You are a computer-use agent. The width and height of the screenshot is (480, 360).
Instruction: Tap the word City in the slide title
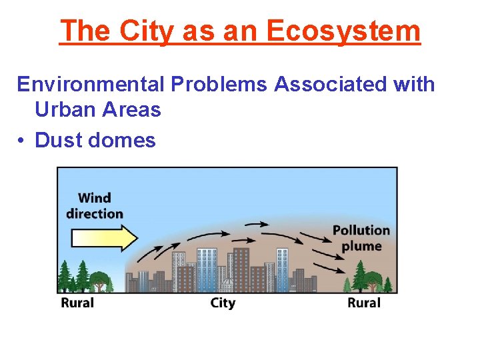[139, 31]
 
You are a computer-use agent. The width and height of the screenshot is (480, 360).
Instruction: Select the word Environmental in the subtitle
[91, 85]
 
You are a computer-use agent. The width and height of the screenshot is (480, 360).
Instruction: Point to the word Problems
[219, 85]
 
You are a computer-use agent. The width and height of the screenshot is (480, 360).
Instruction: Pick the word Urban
[64, 109]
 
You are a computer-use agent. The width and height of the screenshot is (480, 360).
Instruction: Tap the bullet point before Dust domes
[21, 141]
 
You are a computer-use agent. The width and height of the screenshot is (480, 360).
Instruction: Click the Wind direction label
[95, 205]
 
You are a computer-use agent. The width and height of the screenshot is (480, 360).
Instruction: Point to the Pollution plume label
[361, 238]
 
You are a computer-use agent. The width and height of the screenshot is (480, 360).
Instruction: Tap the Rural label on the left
[77, 303]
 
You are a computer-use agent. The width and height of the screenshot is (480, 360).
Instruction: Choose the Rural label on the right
[363, 303]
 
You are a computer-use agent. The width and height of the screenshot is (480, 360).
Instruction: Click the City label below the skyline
[223, 303]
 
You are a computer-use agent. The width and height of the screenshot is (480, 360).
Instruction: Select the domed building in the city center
[227, 283]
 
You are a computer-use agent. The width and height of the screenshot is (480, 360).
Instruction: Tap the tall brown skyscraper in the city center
[241, 267]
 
